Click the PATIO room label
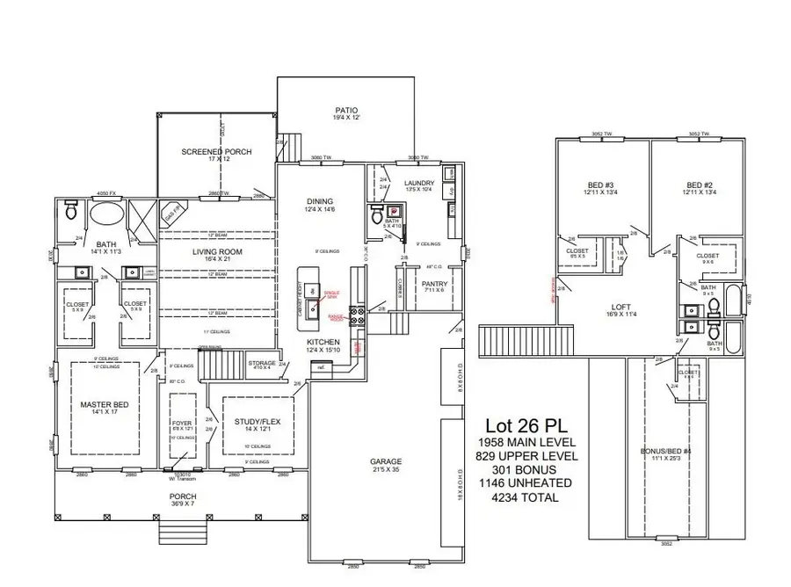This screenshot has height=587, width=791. pyautogui.click(x=345, y=111)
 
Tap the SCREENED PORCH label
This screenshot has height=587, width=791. pyautogui.click(x=216, y=151)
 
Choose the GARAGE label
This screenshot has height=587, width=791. pyautogui.click(x=385, y=461)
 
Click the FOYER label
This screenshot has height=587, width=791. pyautogui.click(x=183, y=423)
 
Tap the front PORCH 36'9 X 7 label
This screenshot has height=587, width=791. pyautogui.click(x=183, y=496)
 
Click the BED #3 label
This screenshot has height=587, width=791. pyautogui.click(x=601, y=185)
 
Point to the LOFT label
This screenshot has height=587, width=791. pyautogui.click(x=620, y=306)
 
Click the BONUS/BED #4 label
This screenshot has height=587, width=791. pyautogui.click(x=666, y=451)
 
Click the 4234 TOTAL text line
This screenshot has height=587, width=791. pyautogui.click(x=525, y=497)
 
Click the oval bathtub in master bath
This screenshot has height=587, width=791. pyautogui.click(x=107, y=213)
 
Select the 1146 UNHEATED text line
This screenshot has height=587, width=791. pyautogui.click(x=525, y=483)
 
